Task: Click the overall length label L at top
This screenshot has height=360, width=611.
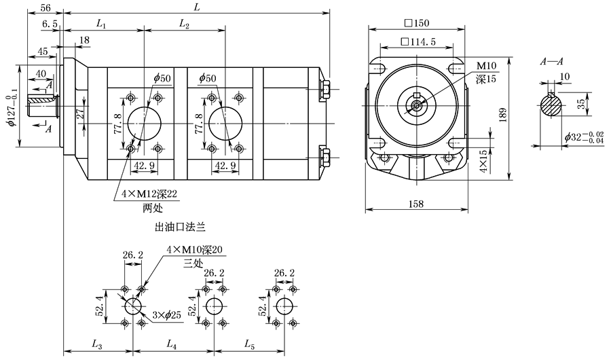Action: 197,7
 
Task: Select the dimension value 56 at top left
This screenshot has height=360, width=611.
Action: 45,7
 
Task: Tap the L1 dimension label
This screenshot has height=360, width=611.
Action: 101,24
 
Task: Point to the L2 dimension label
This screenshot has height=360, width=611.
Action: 184,24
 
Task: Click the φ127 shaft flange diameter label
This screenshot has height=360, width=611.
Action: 12,107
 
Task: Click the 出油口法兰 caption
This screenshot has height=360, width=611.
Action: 180,227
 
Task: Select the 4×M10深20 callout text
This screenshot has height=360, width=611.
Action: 194,250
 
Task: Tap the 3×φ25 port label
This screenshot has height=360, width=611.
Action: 166,315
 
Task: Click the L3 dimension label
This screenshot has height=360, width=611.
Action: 97,344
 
